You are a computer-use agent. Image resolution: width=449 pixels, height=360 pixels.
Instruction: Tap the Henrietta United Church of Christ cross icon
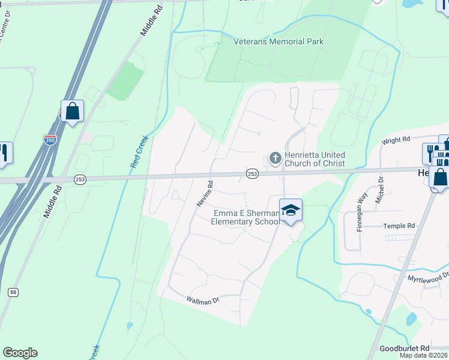pos(275,158)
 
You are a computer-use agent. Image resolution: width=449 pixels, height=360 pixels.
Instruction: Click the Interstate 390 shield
pos(50,139)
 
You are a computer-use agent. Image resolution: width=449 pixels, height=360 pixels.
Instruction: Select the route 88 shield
pos(13,292)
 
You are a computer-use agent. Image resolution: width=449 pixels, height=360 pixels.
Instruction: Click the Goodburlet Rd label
pos(405,348)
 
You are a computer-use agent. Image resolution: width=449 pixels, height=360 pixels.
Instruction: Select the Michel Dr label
pos(379,190)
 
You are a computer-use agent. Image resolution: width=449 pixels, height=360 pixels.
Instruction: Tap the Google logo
pos(20,353)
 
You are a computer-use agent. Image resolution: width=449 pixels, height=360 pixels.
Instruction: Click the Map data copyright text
pos(424,355)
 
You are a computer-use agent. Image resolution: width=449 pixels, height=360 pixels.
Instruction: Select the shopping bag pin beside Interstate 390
pos(72,112)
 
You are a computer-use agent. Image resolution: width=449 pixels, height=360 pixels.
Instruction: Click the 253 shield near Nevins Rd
pos(252,173)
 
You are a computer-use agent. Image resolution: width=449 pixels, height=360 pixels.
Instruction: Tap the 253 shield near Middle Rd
pos(80,179)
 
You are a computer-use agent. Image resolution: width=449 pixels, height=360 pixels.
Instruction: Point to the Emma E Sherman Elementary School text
pos(245,217)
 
